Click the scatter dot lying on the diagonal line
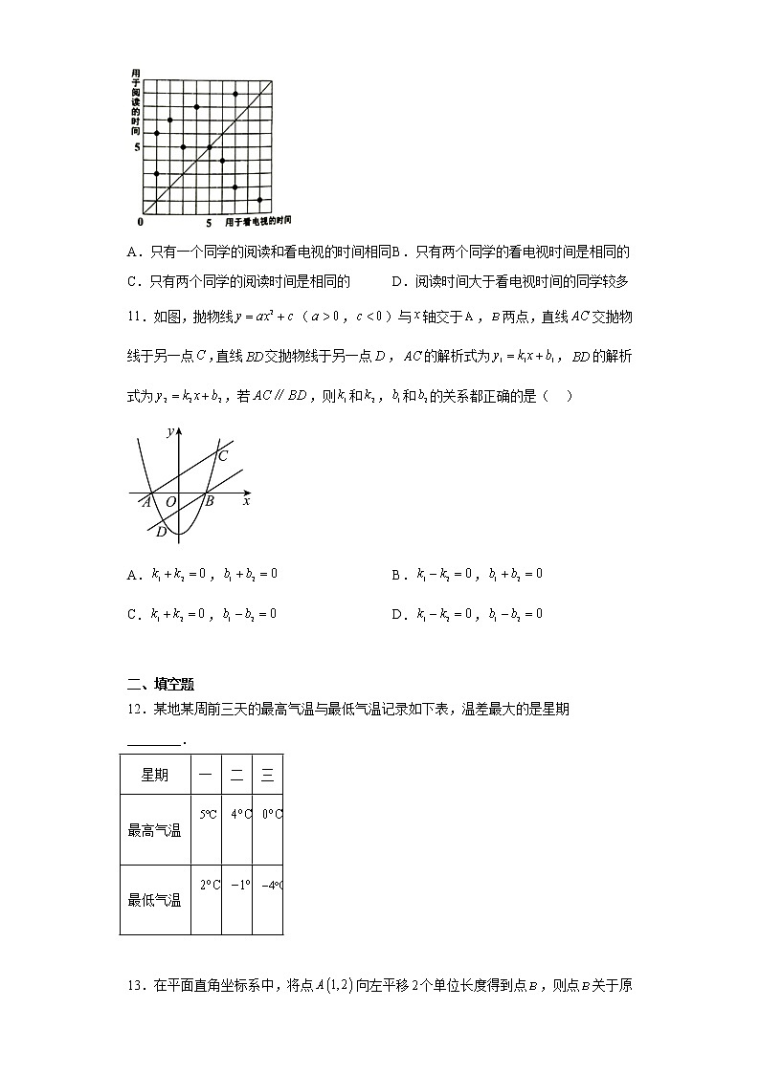point(210,147)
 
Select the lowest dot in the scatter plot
point(260,200)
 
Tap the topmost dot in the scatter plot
point(235,94)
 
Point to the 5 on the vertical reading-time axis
point(137,147)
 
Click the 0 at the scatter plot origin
point(140,222)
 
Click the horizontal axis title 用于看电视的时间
point(257,222)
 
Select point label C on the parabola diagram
point(222,455)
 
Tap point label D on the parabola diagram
point(161,532)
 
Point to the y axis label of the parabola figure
point(169,432)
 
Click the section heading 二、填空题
point(161,683)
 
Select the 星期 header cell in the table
point(155,775)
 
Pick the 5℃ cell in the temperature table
point(208,815)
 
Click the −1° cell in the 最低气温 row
point(239,885)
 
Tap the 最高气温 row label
point(155,830)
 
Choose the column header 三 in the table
point(268,775)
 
